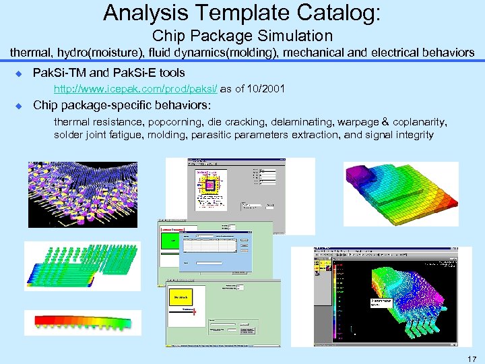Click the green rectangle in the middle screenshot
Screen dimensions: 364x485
pos(171,241)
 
